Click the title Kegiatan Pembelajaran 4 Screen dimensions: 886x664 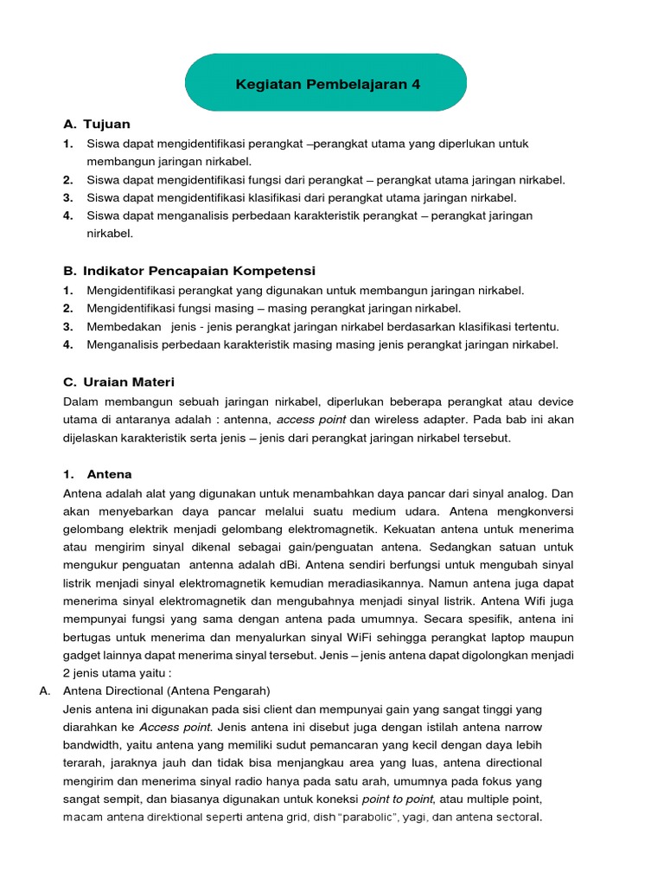(328, 84)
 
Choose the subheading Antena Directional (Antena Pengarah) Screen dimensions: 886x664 (167, 690)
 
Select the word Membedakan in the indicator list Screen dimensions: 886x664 (124, 326)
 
